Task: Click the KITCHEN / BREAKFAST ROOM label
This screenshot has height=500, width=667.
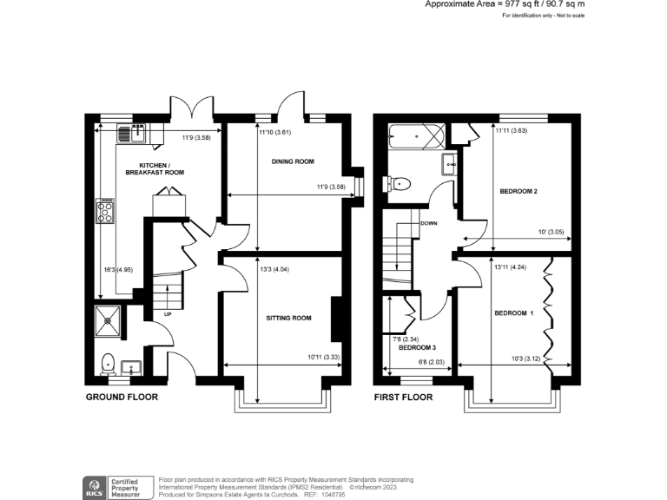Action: coord(154,168)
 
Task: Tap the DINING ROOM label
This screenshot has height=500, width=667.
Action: coord(292,161)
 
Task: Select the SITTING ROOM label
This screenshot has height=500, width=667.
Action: coord(288,318)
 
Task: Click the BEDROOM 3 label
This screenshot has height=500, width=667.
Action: coord(417,346)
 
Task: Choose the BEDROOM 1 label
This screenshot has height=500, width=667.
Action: coord(512,312)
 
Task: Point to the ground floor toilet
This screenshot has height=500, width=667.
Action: coord(108,362)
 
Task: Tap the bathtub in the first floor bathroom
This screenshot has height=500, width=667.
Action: coord(417,136)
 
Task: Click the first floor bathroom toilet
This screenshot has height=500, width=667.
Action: coord(400,183)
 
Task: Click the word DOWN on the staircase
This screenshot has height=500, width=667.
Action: coord(428,222)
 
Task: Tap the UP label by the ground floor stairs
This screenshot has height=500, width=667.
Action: coord(167,314)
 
